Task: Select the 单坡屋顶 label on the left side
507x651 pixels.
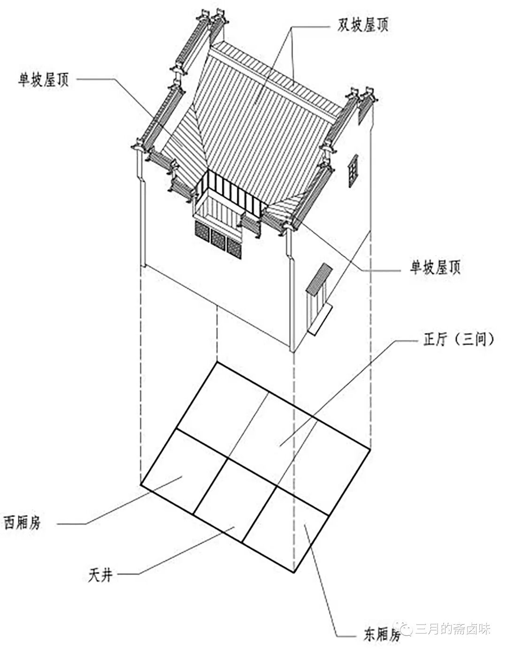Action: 43,80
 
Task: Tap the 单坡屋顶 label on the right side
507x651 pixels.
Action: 435,268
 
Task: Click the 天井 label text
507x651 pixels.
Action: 100,574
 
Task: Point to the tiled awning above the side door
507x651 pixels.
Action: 319,279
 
